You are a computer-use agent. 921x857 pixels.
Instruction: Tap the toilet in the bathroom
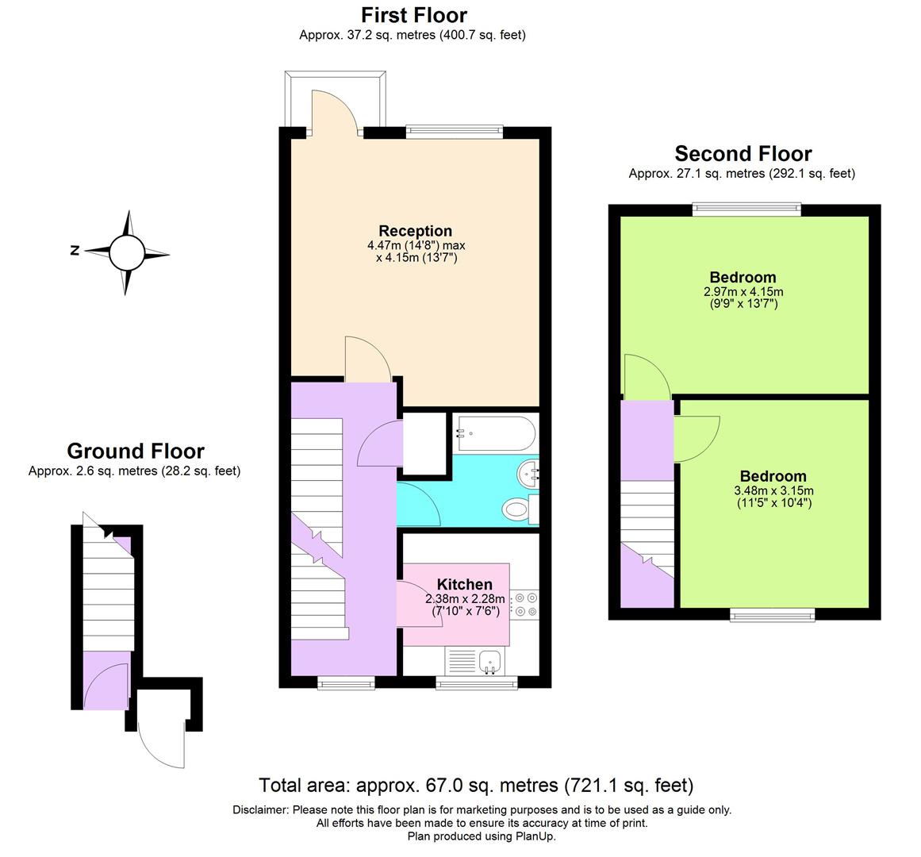click(x=519, y=508)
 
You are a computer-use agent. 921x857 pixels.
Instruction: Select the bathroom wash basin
click(x=528, y=475)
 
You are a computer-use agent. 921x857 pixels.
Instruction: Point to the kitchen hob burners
click(x=524, y=604)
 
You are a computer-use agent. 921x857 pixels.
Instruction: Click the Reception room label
click(x=415, y=231)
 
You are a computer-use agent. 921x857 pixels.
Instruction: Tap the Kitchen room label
click(x=464, y=585)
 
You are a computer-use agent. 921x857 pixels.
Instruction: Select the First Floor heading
click(x=413, y=15)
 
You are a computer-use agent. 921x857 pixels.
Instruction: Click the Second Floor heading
click(x=743, y=153)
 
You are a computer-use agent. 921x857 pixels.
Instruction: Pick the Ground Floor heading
click(x=136, y=451)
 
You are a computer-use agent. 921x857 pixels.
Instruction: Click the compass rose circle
click(x=126, y=252)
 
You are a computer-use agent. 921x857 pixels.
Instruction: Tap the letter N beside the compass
click(x=75, y=251)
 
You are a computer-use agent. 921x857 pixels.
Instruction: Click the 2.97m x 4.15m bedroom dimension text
click(x=743, y=291)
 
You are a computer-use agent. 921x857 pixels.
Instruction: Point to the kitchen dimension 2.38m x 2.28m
click(x=465, y=599)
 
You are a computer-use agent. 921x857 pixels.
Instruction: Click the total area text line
click(x=476, y=786)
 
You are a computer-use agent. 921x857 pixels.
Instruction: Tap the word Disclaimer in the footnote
click(x=261, y=810)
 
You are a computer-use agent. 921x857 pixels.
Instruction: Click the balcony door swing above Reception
click(x=333, y=111)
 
